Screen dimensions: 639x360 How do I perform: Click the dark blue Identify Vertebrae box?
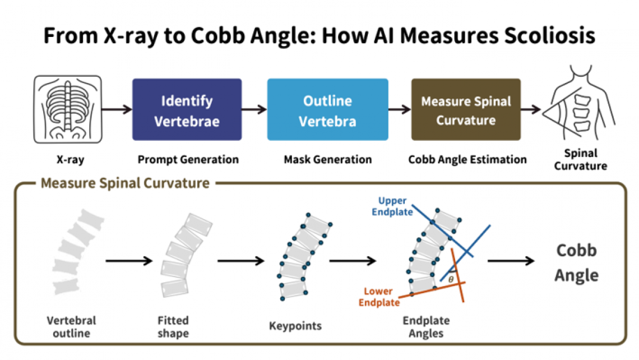tap(187, 110)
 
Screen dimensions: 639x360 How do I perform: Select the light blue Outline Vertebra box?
tap(328, 110)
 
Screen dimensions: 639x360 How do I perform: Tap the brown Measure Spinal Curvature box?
tap(466, 110)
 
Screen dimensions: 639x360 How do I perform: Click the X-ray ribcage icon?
tap(68, 109)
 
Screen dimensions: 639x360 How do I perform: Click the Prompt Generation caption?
tap(188, 159)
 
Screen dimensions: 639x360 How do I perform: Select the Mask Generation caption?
tap(328, 159)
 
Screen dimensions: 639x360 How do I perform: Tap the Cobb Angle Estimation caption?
tap(467, 159)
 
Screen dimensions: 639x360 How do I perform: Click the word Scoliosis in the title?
tap(550, 35)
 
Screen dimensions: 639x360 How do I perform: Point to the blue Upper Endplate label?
tap(392, 206)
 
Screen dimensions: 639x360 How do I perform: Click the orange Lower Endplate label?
tap(379, 297)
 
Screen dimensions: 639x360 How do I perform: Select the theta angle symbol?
tap(451, 280)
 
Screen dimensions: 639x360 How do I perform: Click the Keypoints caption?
tap(295, 326)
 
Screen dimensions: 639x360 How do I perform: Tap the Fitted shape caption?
tap(173, 327)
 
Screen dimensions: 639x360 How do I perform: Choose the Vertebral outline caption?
tap(71, 327)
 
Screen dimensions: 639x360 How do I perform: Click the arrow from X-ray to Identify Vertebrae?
tap(117, 109)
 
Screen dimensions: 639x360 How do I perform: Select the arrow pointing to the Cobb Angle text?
tap(511, 261)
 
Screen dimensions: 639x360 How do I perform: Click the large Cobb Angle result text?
tap(576, 263)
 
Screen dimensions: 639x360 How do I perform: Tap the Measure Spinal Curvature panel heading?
tap(125, 183)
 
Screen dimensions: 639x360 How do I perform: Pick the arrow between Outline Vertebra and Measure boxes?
tap(400, 109)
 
